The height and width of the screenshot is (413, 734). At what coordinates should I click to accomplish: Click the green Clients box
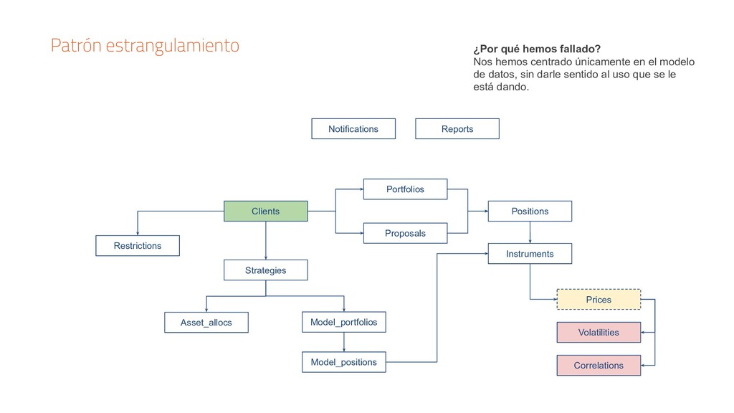[x=266, y=211]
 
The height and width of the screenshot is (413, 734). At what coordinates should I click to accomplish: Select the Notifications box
[x=353, y=129]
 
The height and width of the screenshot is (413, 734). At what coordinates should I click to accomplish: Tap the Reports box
[x=457, y=129]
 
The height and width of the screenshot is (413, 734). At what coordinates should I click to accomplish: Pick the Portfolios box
[x=405, y=189]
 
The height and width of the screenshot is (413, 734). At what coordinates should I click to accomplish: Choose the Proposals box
[x=405, y=233]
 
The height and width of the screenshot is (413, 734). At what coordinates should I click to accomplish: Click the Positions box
[x=530, y=211]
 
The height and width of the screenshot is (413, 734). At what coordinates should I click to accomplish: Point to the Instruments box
[x=530, y=254]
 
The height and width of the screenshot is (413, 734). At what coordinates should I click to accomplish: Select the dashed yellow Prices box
[x=599, y=299]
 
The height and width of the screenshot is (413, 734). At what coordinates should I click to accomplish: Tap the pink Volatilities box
[x=599, y=332]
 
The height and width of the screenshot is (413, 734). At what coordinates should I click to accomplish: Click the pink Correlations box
[x=599, y=365]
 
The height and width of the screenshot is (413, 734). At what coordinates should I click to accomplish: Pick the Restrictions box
[x=138, y=246]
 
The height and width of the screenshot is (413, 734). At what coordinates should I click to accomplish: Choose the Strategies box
[x=266, y=270]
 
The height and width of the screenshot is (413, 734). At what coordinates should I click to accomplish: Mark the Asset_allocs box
[x=206, y=323]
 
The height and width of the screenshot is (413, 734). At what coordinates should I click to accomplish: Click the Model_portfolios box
[x=343, y=322]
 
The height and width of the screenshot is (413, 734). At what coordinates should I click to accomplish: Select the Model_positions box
[x=343, y=362]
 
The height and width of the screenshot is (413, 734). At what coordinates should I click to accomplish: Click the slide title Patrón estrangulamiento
[x=145, y=45]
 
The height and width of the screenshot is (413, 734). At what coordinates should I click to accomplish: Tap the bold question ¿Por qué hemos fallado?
[x=537, y=49]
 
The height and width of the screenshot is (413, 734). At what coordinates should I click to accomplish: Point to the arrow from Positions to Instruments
[x=530, y=232]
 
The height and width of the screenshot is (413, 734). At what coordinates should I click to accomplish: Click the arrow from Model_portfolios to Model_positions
[x=343, y=342]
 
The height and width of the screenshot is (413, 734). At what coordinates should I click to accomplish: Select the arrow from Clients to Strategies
[x=266, y=240]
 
